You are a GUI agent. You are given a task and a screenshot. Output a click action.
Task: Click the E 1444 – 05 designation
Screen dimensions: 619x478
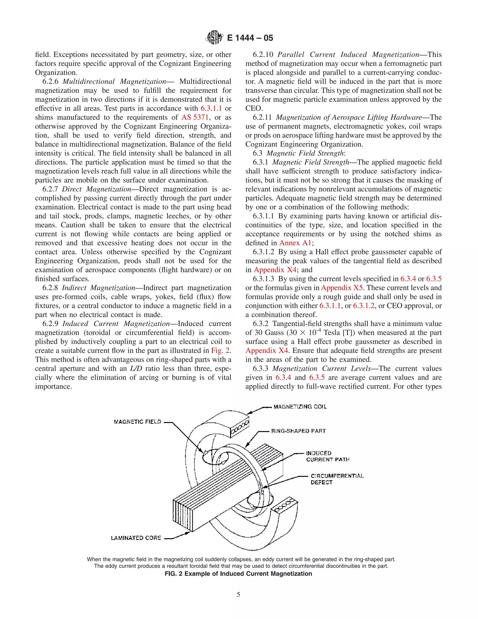pyautogui.click(x=250, y=38)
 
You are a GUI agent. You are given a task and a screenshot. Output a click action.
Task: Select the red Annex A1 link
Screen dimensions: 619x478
pyautogui.click(x=295, y=243)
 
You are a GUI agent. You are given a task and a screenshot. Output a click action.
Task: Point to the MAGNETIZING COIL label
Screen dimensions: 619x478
pyautogui.click(x=300, y=407)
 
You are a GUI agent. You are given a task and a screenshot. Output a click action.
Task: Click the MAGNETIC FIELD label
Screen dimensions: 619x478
pyautogui.click(x=137, y=422)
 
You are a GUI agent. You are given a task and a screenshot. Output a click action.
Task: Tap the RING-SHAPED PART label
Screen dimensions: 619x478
pyautogui.click(x=299, y=431)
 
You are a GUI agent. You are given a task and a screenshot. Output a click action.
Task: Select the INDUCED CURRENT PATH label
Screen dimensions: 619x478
pyautogui.click(x=327, y=456)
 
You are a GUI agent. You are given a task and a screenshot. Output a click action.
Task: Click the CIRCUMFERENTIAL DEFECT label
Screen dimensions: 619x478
pyautogui.click(x=337, y=479)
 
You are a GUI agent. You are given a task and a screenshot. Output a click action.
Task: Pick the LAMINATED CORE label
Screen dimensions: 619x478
pyautogui.click(x=136, y=538)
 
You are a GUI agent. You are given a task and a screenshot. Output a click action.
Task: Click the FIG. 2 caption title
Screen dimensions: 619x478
pyautogui.click(x=239, y=574)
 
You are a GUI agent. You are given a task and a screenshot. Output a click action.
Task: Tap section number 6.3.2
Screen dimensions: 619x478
pyautogui.click(x=261, y=324)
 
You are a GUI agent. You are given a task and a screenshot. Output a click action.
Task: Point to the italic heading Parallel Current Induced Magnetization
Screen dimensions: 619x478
pyautogui.click(x=348, y=54)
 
